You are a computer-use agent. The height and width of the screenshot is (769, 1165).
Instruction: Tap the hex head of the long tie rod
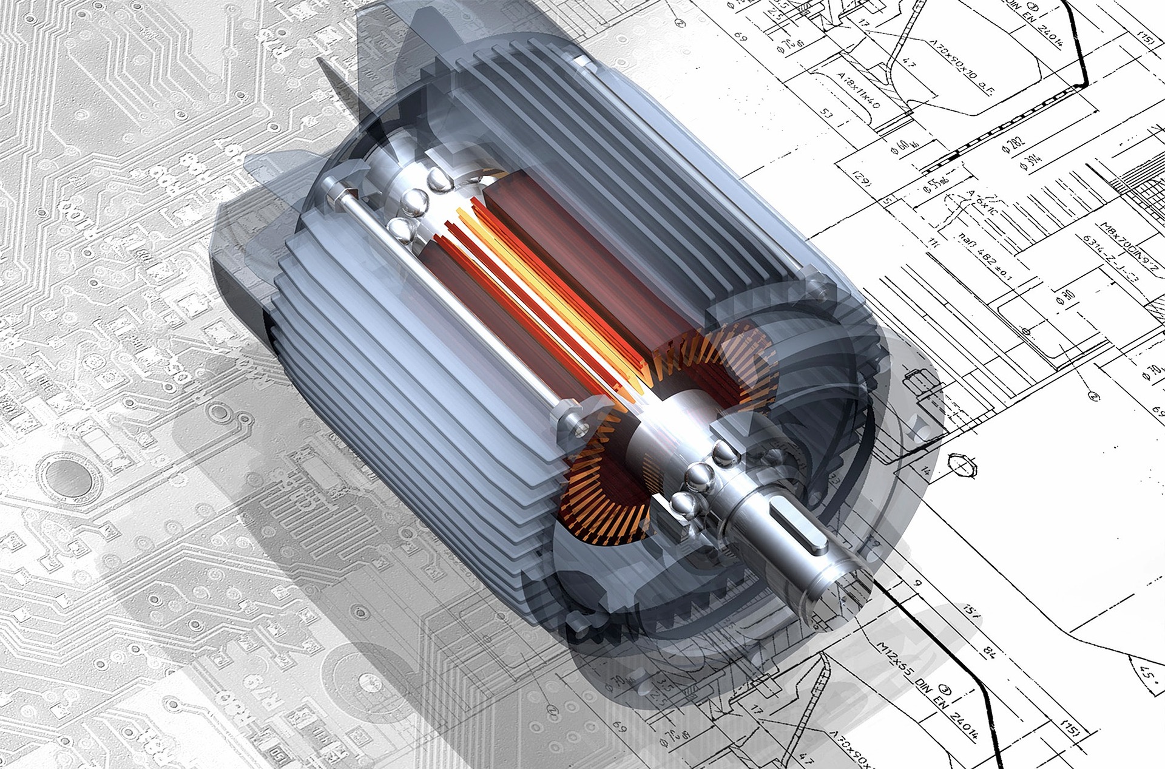[x=333, y=195]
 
